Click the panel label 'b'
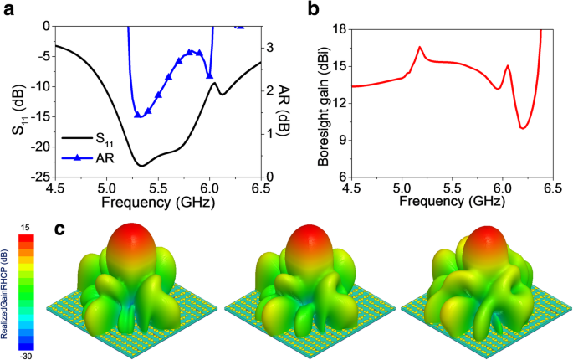[x=312, y=10]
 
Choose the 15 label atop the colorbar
[x=26, y=228]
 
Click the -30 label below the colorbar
[x=26, y=353]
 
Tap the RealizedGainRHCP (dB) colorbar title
[x=7, y=290]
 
